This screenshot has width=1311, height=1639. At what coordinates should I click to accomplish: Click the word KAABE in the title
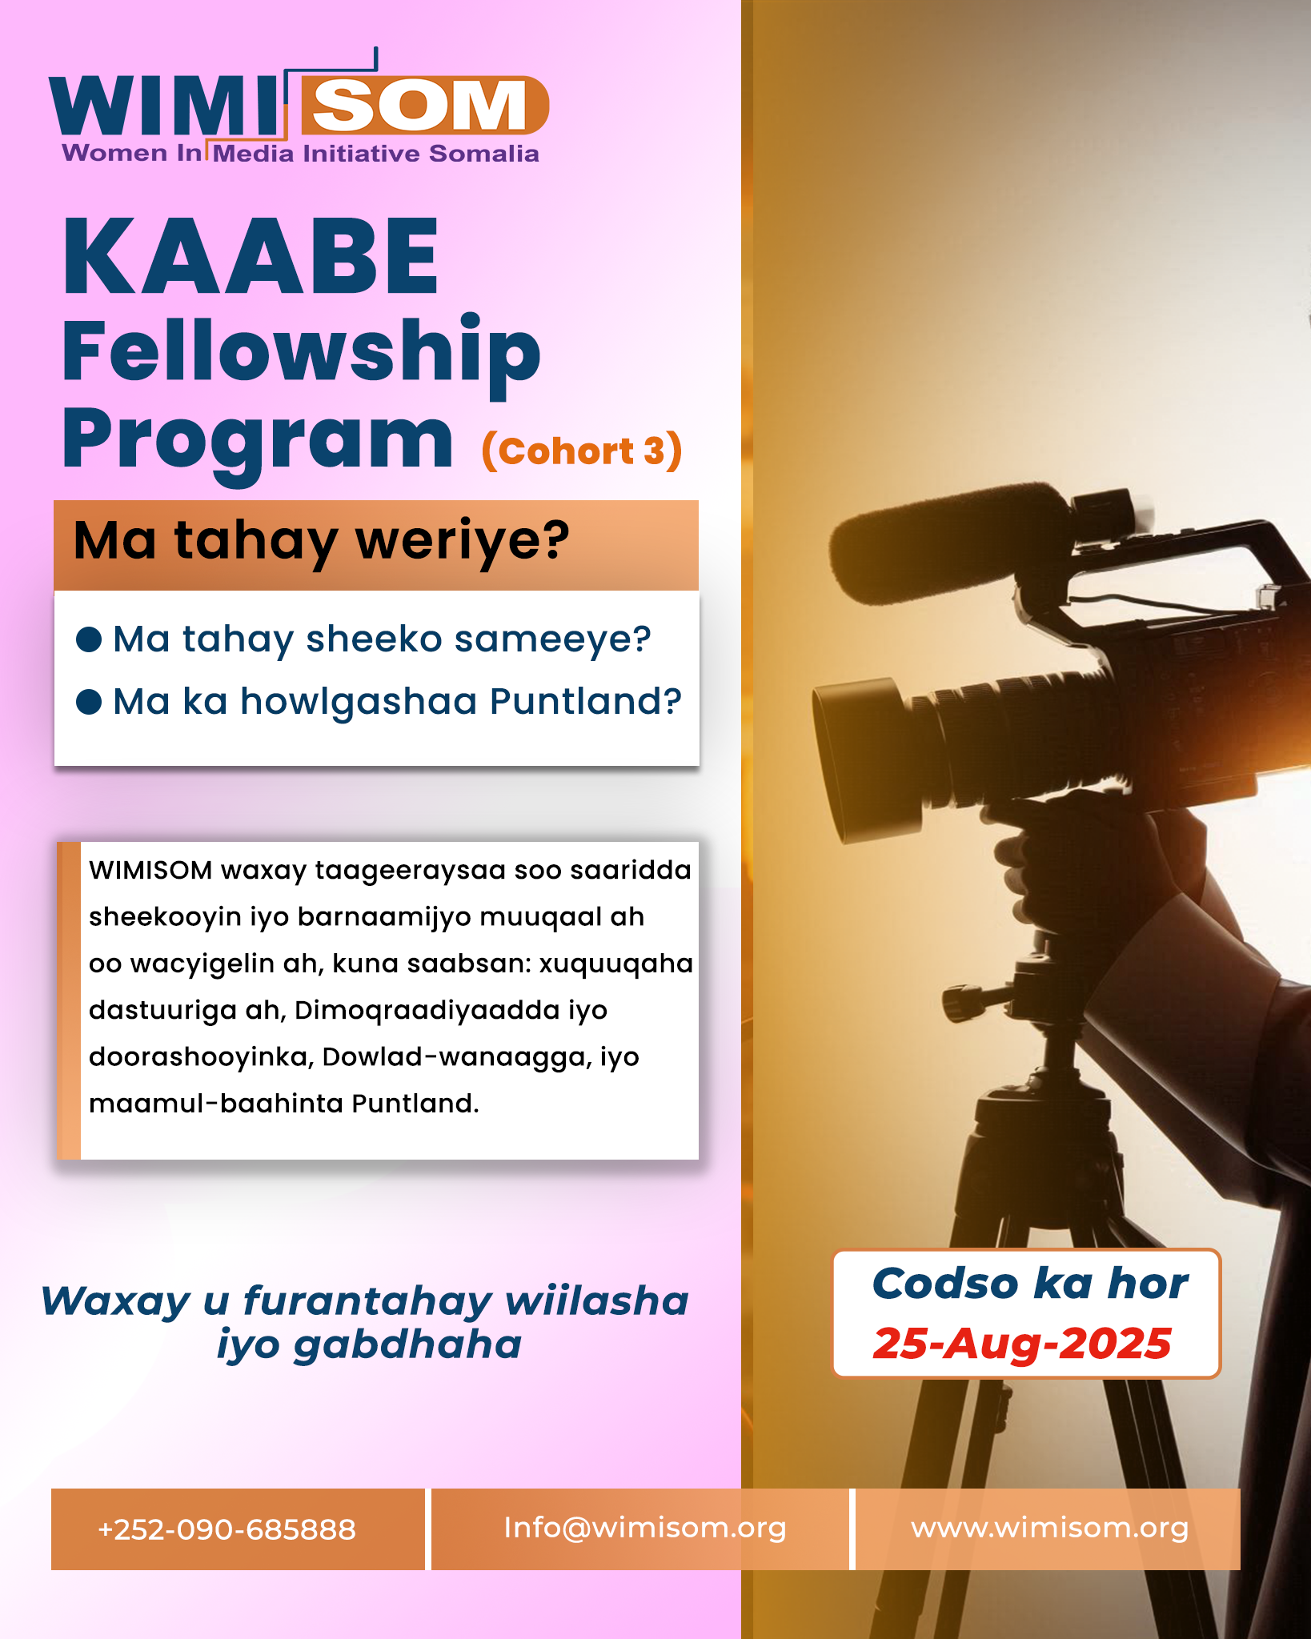(x=251, y=257)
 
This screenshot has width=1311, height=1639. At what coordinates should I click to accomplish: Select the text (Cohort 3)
(x=582, y=451)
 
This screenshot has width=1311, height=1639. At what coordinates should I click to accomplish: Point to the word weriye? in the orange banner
(x=463, y=541)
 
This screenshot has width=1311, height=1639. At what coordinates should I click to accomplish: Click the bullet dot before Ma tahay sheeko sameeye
(x=89, y=639)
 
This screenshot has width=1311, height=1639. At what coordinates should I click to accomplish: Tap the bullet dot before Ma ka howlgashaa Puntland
(x=89, y=702)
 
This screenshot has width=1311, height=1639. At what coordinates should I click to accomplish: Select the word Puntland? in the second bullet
(x=585, y=701)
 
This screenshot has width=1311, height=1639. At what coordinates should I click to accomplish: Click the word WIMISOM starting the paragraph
(x=150, y=870)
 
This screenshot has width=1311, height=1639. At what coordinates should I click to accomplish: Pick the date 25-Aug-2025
(x=1023, y=1343)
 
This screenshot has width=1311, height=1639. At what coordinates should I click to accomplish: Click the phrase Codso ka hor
(x=1029, y=1284)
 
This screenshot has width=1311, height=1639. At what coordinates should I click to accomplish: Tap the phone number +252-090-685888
(x=227, y=1529)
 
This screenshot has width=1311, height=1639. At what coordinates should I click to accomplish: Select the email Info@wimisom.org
(x=644, y=1529)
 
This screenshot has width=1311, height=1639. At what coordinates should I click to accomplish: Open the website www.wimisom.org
(x=1049, y=1529)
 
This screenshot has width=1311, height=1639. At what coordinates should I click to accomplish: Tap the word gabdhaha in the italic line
(x=407, y=1344)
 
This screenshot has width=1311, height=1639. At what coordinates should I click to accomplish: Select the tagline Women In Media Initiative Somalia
(x=300, y=154)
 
